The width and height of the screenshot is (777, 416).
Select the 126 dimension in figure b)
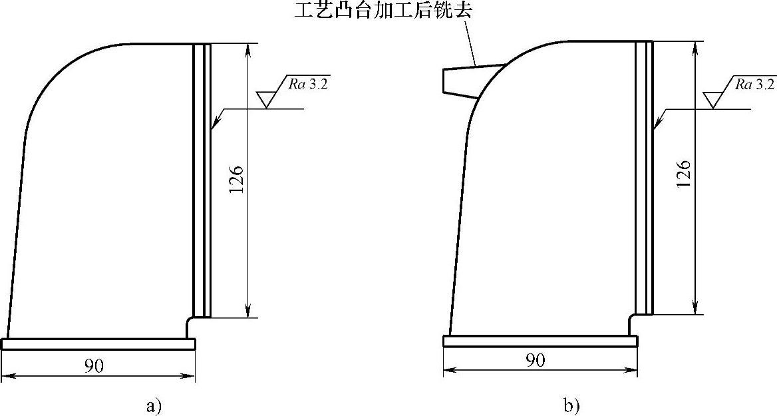coord(686,174)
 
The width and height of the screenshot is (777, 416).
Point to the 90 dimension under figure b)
coord(536,360)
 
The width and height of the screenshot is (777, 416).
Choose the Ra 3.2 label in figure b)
coord(755,85)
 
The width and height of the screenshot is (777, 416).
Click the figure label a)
coord(154,405)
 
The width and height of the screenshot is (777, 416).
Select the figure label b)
coord(570,405)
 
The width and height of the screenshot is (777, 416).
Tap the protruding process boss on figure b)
coord(466,81)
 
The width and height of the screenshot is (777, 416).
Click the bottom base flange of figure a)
coord(98,343)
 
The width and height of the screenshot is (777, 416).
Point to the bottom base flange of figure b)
coord(540,341)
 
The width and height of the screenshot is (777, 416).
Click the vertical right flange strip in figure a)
coord(202,180)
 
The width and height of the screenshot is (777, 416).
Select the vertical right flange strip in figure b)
coord(644,176)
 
